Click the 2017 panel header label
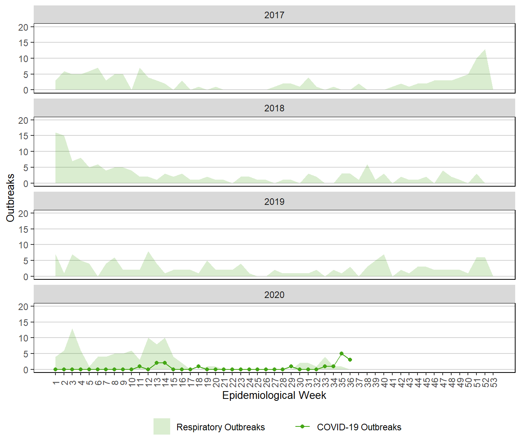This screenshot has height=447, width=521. coord(274,15)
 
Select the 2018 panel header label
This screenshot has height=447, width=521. coord(274,108)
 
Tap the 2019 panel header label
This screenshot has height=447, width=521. coord(274,202)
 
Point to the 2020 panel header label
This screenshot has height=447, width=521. coord(274,295)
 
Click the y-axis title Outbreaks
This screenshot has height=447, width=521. coord(10,198)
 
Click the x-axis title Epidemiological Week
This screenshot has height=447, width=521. coord(274,395)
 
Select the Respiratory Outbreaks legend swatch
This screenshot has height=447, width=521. coord(162,426)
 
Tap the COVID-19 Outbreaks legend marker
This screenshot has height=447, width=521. coord(302,426)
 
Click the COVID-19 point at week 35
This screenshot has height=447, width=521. coord(342,353)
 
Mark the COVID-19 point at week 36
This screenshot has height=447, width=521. coord(350,360)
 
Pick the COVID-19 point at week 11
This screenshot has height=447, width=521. coord(140,366)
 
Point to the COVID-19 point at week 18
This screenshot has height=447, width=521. coord(198,366)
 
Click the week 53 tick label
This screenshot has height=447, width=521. coord(493,383)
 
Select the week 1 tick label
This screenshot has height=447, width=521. coord(56,383)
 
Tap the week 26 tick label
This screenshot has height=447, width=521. coord(266,383)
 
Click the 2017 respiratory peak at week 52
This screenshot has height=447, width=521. coord(485,50)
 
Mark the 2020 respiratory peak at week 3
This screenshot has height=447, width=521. coord(72,329)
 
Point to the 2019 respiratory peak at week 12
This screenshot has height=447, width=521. coord(148,252)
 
